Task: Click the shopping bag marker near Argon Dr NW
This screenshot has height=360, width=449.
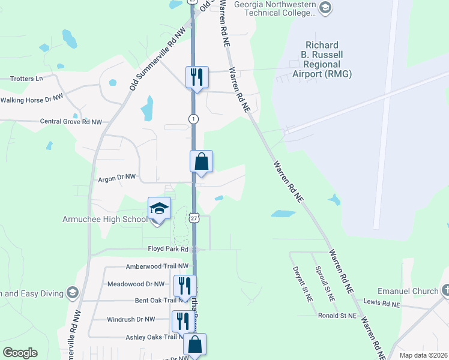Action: [201, 162]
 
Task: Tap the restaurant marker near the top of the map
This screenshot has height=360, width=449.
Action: [197, 77]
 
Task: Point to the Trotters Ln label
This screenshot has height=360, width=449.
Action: [28, 79]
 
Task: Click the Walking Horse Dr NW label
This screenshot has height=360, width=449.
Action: [32, 99]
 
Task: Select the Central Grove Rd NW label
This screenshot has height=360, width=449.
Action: [71, 121]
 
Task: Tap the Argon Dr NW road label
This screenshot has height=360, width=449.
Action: [117, 178]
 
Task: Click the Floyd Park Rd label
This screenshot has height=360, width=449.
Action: [169, 248]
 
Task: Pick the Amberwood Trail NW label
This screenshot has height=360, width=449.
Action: [157, 266]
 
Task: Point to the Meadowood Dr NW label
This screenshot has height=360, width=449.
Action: [135, 284]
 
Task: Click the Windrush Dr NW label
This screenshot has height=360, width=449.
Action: [129, 319]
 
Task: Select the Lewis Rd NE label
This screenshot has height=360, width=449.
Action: [382, 304]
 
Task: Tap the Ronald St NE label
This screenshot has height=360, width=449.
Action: [337, 315]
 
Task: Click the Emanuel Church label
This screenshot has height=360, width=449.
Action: [408, 292]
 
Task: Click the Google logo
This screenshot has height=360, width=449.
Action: [20, 353]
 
